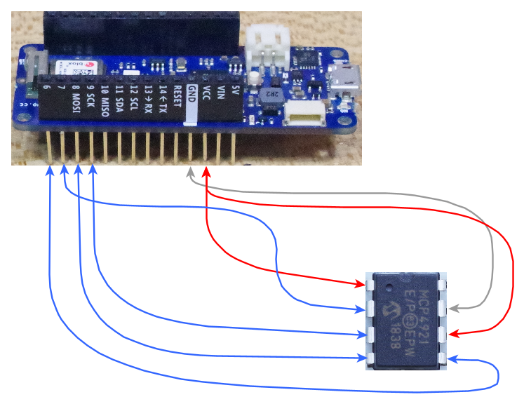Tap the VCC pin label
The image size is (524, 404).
[x=206, y=96]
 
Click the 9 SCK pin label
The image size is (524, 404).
[x=91, y=99]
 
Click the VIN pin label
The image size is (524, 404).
[x=220, y=95]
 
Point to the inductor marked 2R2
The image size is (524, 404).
[x=271, y=95]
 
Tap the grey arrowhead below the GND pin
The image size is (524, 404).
[x=190, y=173]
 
